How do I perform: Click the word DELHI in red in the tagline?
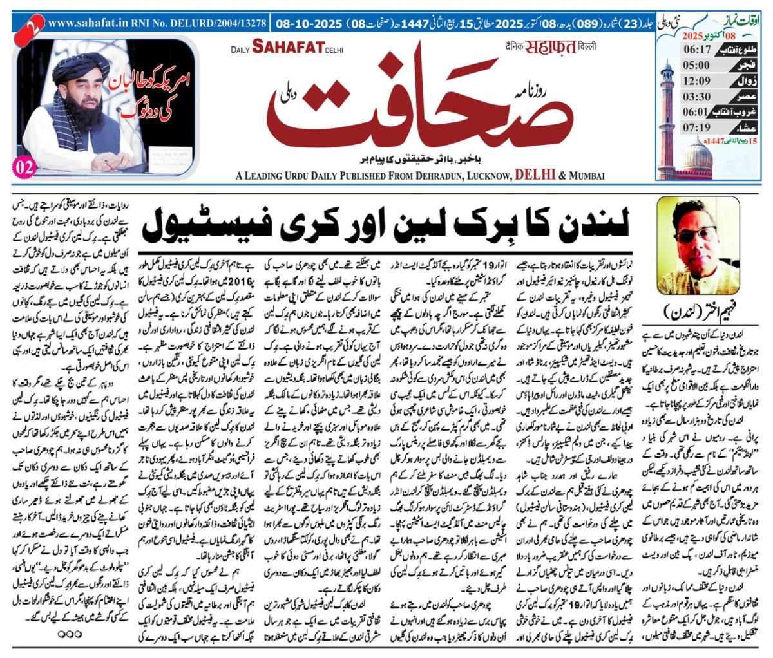click(536, 175)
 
